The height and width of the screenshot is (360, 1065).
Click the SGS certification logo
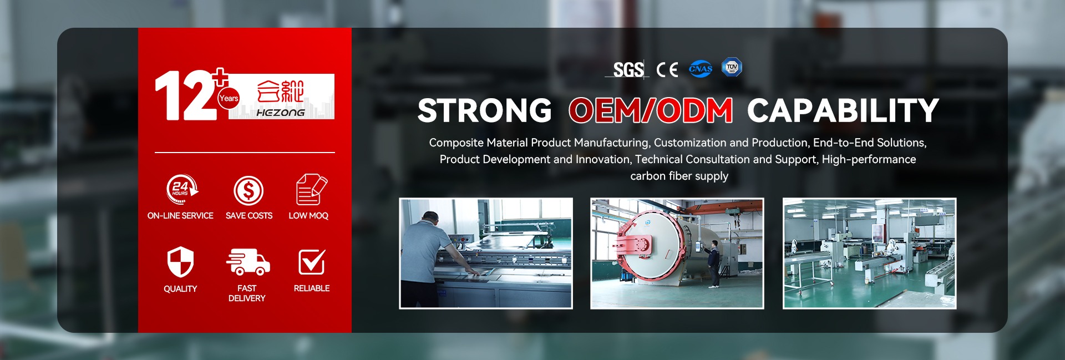[x=627, y=69]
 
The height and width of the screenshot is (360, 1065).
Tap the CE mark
[x=667, y=69]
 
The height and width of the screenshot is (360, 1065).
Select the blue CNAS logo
[x=701, y=69]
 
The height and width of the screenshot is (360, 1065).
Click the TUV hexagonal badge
[x=732, y=67]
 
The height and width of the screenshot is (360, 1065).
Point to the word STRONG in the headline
[x=484, y=110]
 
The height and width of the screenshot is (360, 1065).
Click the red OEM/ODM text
[x=651, y=110]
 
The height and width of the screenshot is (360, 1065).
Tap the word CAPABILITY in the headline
[x=843, y=110]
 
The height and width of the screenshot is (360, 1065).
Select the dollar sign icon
[x=248, y=191]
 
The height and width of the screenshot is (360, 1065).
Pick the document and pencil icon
[x=311, y=189]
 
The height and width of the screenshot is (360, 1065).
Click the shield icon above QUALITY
[x=180, y=261]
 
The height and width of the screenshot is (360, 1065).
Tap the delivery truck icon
[x=248, y=262]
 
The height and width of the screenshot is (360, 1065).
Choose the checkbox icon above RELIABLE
[x=312, y=262]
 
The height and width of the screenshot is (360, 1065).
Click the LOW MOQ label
[x=308, y=216]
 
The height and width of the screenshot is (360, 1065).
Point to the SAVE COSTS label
[x=249, y=216]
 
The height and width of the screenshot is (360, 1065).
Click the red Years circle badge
[x=229, y=98]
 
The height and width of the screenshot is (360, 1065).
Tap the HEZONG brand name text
[x=281, y=113]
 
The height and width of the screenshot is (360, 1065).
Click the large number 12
[x=185, y=95]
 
